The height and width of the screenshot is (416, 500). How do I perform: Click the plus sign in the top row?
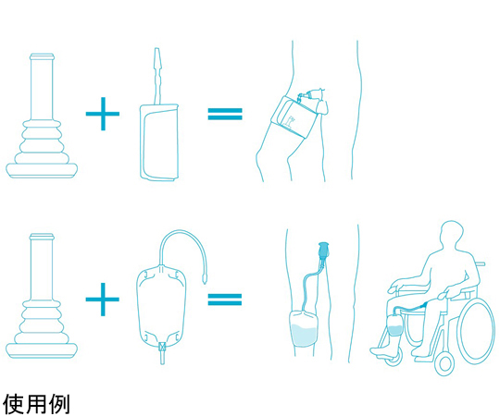coord(103,114)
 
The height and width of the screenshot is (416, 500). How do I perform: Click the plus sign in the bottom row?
coord(103,300)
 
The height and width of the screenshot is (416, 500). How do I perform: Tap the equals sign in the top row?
coord(225,114)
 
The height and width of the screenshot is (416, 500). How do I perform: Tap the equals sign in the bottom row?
coord(225,300)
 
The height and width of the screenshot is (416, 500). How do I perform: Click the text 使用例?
coord(36,404)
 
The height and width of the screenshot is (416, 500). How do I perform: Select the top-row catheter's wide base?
coord(42,171)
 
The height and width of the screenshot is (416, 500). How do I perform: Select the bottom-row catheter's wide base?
coord(42,350)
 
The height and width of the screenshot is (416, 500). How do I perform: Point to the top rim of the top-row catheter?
coord(42,56)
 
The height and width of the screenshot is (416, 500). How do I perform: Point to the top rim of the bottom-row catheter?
coord(42,237)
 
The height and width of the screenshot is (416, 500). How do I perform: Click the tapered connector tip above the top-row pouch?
coord(156,60)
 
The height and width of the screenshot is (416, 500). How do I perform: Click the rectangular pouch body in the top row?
coord(159,142)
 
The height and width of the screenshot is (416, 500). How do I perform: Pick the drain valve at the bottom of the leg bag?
coord(162,353)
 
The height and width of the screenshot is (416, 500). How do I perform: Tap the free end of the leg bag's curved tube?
coord(204,280)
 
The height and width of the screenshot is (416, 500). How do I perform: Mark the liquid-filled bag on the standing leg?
coord(304,329)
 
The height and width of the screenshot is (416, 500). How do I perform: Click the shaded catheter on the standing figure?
coord(324,250)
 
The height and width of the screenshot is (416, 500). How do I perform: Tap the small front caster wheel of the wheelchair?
coord(444,363)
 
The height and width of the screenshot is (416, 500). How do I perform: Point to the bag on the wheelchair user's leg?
coord(394,325)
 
